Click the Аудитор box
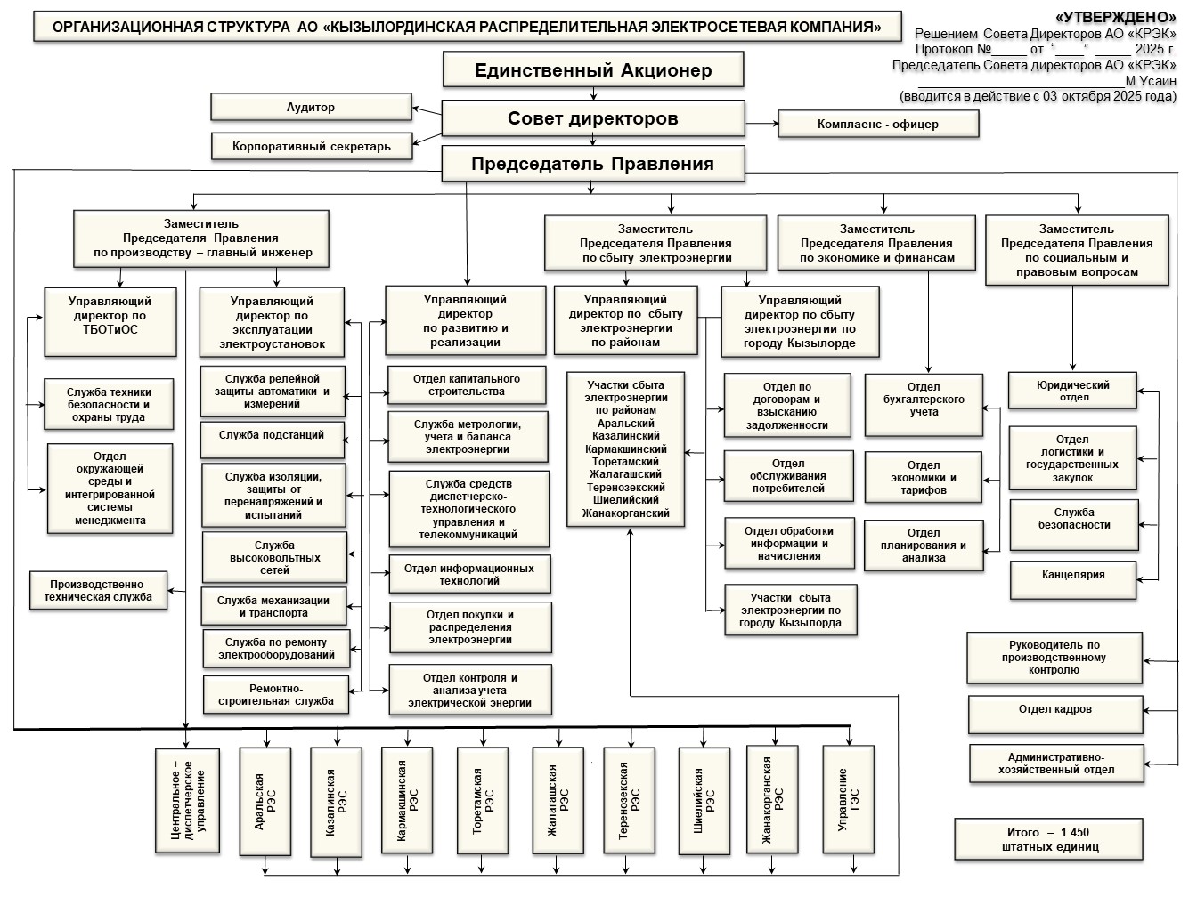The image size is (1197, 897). point(311,107)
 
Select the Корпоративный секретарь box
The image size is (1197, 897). point(312,146)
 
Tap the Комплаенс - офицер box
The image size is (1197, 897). point(877,124)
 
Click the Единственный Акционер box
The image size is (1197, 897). point(593,70)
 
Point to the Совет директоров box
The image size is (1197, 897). point(593,118)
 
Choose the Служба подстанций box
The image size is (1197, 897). point(272,435)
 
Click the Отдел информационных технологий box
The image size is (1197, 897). point(469,574)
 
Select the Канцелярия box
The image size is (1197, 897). point(1073,575)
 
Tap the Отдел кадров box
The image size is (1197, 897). point(1055,710)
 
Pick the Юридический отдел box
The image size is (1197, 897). point(1072,391)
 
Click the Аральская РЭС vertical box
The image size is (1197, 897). point(265,801)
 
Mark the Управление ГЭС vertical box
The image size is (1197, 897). point(848,801)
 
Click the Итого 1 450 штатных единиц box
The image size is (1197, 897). point(1048,839)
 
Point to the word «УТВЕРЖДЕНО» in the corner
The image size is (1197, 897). point(1115,17)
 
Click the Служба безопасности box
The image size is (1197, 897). point(1073,519)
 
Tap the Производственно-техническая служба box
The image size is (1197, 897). point(99,590)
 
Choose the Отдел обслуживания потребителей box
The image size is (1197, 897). point(787,475)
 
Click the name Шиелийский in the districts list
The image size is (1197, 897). point(626,500)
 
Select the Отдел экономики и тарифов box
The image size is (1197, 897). point(924,478)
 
